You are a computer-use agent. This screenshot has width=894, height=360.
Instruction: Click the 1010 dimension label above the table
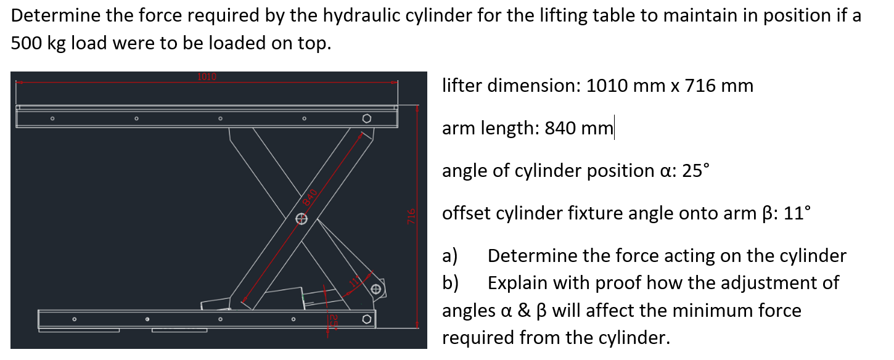(x=207, y=77)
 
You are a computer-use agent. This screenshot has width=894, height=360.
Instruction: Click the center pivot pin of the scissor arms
(x=301, y=218)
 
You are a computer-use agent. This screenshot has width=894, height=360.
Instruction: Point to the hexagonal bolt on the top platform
(x=367, y=118)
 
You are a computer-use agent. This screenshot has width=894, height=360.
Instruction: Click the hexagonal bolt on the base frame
(x=367, y=319)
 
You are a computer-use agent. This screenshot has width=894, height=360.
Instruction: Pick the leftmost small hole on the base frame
(x=74, y=319)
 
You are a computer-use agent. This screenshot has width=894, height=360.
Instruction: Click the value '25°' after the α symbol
(x=694, y=170)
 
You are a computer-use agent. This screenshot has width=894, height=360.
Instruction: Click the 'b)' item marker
(x=450, y=283)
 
